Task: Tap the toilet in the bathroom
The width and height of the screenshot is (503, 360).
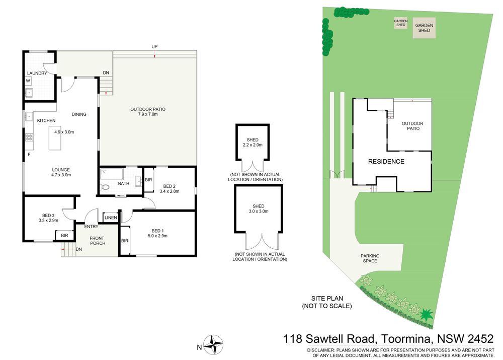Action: click(x=105, y=186)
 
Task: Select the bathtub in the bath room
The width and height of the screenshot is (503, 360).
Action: click(x=112, y=174)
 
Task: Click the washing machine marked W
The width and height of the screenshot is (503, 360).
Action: click(x=28, y=81)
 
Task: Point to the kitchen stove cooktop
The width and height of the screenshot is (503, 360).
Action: click(x=29, y=137)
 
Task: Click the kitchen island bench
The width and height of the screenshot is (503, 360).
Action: click(x=55, y=138)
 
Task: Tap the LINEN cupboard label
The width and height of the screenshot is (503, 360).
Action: click(x=111, y=218)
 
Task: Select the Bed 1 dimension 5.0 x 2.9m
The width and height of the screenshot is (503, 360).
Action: click(x=157, y=236)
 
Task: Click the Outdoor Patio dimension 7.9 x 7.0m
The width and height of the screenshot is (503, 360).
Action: click(x=148, y=114)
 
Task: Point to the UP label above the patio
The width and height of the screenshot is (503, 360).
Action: click(x=154, y=46)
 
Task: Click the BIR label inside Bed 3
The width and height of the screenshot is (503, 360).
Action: click(x=64, y=236)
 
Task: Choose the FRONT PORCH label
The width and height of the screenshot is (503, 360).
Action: click(x=97, y=241)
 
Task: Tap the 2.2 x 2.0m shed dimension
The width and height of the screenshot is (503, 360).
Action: click(x=253, y=145)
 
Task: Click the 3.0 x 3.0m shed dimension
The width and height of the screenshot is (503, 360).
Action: click(x=259, y=211)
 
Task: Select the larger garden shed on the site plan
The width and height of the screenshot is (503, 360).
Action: click(x=424, y=28)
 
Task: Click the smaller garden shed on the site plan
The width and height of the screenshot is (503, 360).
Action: click(x=401, y=23)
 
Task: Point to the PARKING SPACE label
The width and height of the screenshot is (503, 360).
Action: click(x=370, y=258)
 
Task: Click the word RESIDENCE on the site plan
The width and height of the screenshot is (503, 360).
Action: click(x=386, y=161)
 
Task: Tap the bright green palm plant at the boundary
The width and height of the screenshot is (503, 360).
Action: click(x=427, y=314)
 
